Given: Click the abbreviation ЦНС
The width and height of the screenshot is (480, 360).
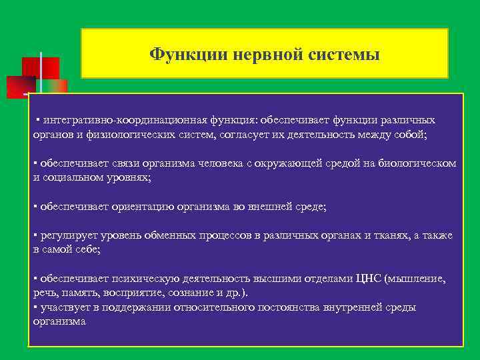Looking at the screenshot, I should point(369,279).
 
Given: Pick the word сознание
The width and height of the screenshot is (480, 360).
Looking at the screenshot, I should point(185,292).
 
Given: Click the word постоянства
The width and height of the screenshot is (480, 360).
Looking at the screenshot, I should point(312,307).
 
